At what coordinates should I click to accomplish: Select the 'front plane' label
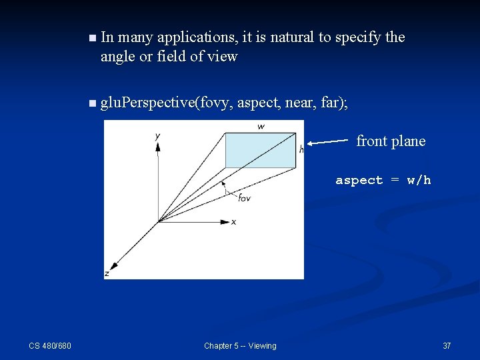pos(391,141)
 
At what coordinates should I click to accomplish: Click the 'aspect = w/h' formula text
pos(383,180)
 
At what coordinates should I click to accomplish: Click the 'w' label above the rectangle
pos(261,126)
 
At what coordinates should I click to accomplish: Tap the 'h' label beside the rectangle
pos(301,149)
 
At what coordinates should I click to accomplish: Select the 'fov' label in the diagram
pos(244,197)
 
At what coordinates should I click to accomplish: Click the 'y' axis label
pos(157,136)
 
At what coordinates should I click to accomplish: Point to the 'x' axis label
pos(233,221)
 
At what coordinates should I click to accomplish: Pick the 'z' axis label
pos(107,273)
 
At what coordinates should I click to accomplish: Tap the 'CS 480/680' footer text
pos(50,345)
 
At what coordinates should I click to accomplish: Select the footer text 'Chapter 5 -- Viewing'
pos(240,345)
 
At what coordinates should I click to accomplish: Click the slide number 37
pos(447,345)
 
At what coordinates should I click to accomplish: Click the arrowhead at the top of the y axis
pos(158,146)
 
